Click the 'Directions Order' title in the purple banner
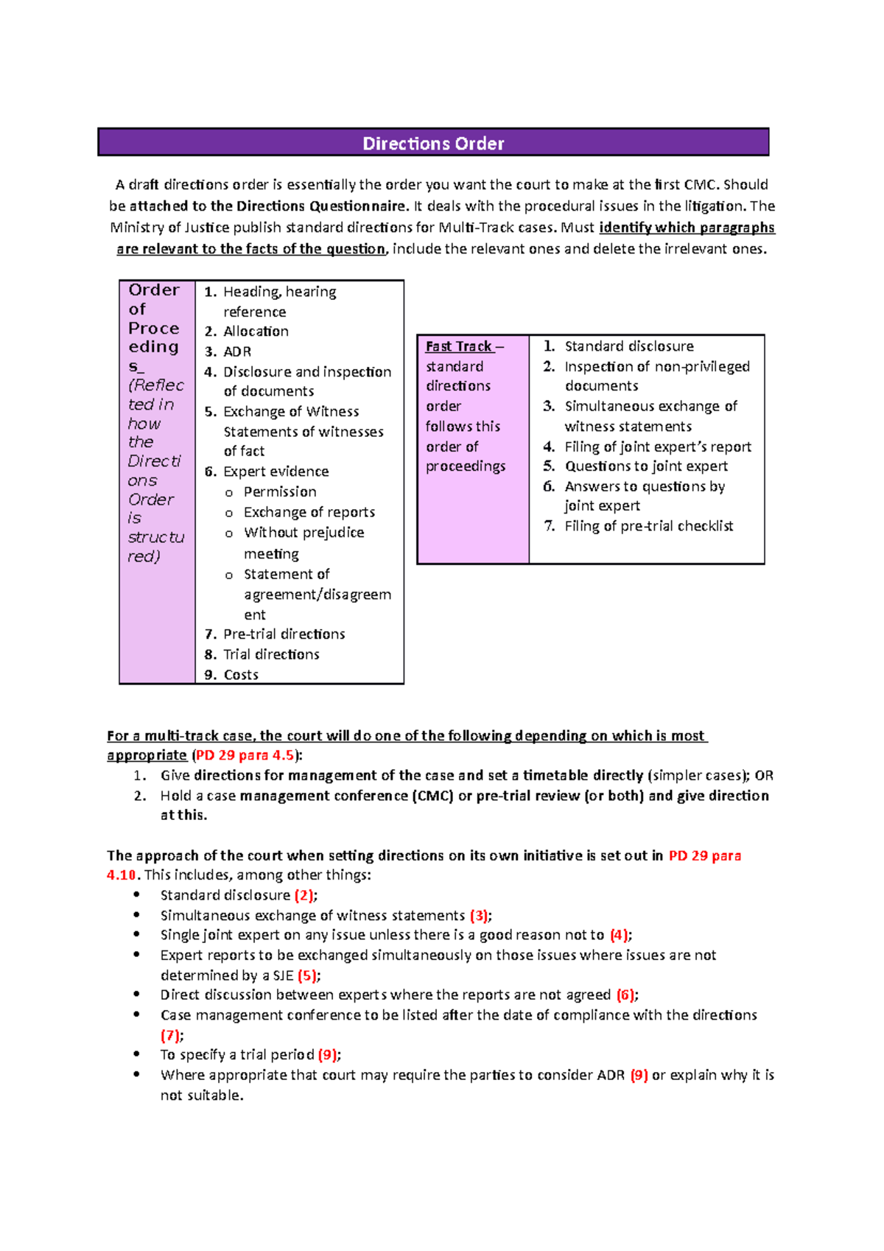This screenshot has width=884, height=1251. pyautogui.click(x=433, y=143)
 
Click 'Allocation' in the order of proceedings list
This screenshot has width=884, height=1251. pyautogui.click(x=256, y=332)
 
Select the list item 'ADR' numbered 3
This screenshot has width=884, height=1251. pyautogui.click(x=237, y=351)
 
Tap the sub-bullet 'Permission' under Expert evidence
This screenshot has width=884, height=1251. pyautogui.click(x=280, y=491)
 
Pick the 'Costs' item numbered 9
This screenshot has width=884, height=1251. pyautogui.click(x=241, y=675)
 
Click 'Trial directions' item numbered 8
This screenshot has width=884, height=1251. pyautogui.click(x=271, y=654)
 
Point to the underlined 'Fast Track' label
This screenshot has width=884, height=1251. pyautogui.click(x=458, y=346)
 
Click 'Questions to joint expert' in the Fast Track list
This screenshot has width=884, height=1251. pyautogui.click(x=646, y=466)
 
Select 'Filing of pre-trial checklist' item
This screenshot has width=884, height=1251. pyautogui.click(x=648, y=526)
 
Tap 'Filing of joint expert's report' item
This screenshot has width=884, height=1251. pyautogui.click(x=658, y=446)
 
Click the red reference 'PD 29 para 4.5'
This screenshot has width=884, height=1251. pyautogui.click(x=245, y=755)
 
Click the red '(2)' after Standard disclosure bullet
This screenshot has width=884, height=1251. pyautogui.click(x=304, y=895)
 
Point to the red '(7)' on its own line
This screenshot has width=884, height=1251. pyautogui.click(x=170, y=1035)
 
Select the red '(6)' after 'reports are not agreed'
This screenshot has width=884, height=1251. pyautogui.click(x=625, y=995)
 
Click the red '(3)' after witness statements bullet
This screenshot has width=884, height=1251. pyautogui.click(x=479, y=915)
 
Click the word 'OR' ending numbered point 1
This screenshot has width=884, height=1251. pyautogui.click(x=764, y=775)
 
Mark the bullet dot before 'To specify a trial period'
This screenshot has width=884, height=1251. pyautogui.click(x=136, y=1054)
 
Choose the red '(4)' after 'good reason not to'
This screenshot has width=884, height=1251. pyautogui.click(x=619, y=935)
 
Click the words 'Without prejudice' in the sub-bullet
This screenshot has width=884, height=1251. pyautogui.click(x=304, y=533)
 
